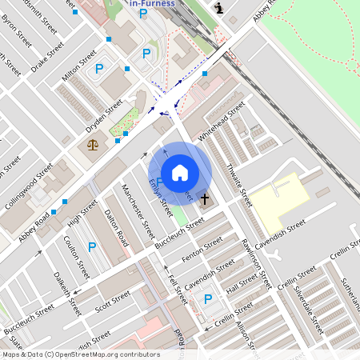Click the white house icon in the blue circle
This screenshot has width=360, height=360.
click(180, 173)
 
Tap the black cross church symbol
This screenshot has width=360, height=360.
click(205, 198)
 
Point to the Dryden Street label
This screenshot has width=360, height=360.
click(104, 117)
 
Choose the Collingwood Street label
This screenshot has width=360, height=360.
click(28, 186)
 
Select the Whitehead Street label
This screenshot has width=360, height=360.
click(222, 122)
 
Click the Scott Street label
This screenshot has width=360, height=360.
click(112, 302)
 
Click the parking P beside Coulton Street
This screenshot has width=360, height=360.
click(91, 247)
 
